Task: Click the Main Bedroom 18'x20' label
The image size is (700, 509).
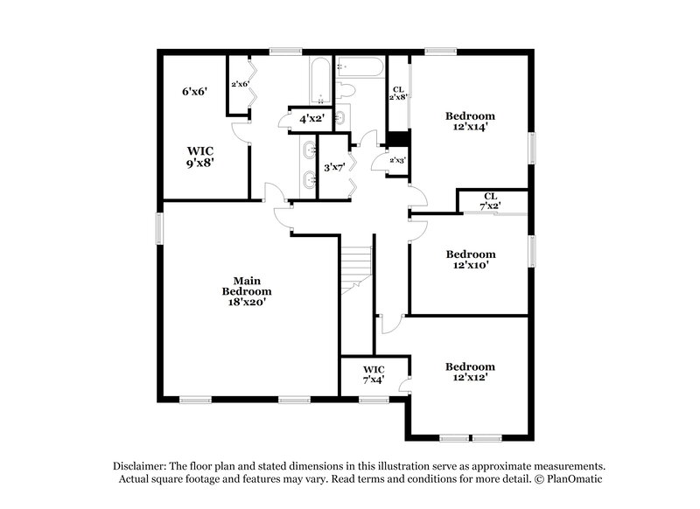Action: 246,290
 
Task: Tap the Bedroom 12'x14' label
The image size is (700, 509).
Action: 470,122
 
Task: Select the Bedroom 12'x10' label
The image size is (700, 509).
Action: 470,260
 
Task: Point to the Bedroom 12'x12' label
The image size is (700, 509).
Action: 470,372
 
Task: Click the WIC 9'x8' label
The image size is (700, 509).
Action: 199,156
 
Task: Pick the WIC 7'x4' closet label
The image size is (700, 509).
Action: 374,374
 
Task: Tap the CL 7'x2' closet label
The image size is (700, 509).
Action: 490,200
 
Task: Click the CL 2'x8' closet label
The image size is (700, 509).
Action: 398,94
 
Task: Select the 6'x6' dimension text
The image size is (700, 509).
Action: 193,91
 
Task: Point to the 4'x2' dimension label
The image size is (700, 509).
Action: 312,118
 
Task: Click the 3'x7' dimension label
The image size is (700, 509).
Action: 333,167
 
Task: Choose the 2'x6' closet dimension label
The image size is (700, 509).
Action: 240,84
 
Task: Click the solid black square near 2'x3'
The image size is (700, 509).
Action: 398,138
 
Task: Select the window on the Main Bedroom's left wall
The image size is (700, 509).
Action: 159,229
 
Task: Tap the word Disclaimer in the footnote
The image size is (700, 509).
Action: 141,466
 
